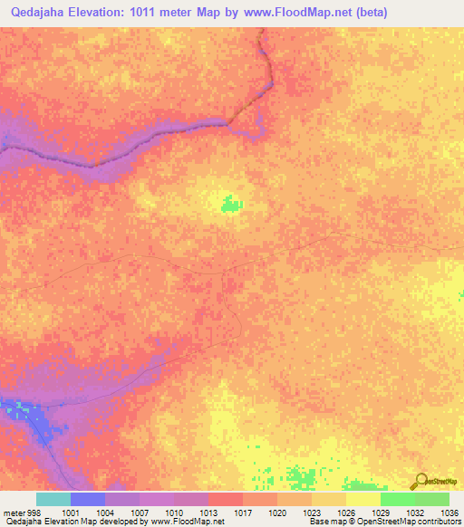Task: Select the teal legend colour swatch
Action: pos(53,499)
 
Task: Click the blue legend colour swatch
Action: pos(88,499)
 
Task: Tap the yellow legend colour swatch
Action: pos(363,499)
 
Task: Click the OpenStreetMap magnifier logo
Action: pos(420,480)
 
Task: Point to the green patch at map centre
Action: pos(231,206)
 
